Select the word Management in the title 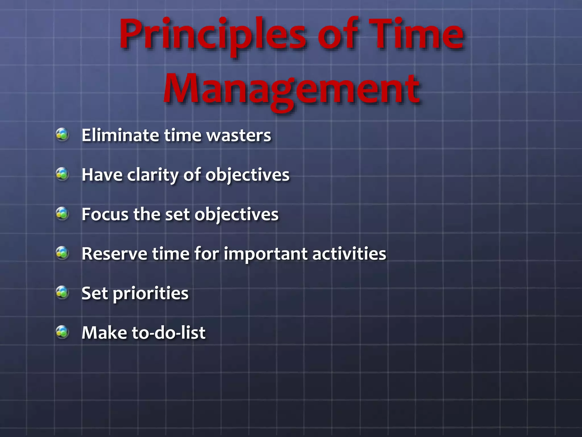(x=291, y=90)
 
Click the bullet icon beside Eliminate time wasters (x=62, y=135)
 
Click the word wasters (x=239, y=135)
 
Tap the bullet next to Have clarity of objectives (x=62, y=174)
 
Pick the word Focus (x=105, y=214)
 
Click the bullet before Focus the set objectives (x=62, y=214)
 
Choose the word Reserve (x=114, y=253)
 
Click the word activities (x=349, y=253)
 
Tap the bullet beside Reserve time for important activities (x=62, y=253)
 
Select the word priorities (x=151, y=294)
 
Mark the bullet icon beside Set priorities (x=62, y=292)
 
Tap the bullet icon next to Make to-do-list (x=62, y=332)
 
